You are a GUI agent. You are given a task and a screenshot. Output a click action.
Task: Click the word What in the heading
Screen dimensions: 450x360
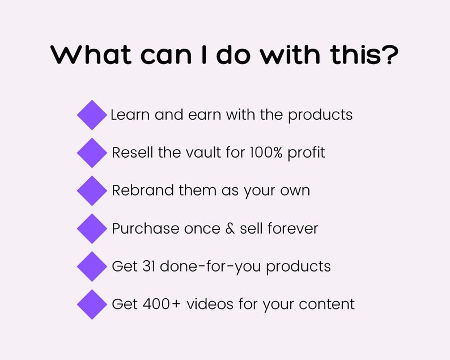point(91,54)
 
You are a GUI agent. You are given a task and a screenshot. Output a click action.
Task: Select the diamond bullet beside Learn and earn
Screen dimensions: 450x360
point(92,115)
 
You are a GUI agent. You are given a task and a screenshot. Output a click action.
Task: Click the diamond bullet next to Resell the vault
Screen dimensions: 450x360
point(92,153)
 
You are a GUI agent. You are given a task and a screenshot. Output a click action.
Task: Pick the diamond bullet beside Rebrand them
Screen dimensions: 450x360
point(92,190)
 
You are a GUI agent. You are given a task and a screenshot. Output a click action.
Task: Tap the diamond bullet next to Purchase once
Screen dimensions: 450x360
point(92,228)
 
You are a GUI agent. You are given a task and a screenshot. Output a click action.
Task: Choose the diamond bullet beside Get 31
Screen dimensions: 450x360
point(92,266)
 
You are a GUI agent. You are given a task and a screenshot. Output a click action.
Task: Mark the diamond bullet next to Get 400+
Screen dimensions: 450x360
point(92,304)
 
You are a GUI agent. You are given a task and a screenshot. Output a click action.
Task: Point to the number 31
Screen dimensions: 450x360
point(149,266)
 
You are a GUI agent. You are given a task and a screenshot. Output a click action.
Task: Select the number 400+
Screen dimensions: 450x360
point(162,304)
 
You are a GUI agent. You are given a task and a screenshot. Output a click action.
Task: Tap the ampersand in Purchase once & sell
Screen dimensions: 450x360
point(230,228)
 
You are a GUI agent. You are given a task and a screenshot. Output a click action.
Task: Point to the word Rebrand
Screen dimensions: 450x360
point(143,190)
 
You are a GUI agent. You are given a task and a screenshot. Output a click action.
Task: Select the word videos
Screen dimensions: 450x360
point(210,304)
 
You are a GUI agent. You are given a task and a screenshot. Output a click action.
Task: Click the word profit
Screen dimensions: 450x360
point(306,153)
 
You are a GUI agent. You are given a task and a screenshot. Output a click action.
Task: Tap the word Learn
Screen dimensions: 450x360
point(130,115)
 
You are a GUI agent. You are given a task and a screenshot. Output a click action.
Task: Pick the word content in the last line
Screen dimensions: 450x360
point(326,304)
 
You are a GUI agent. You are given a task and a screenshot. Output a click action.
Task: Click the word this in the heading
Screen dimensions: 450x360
point(355,54)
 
